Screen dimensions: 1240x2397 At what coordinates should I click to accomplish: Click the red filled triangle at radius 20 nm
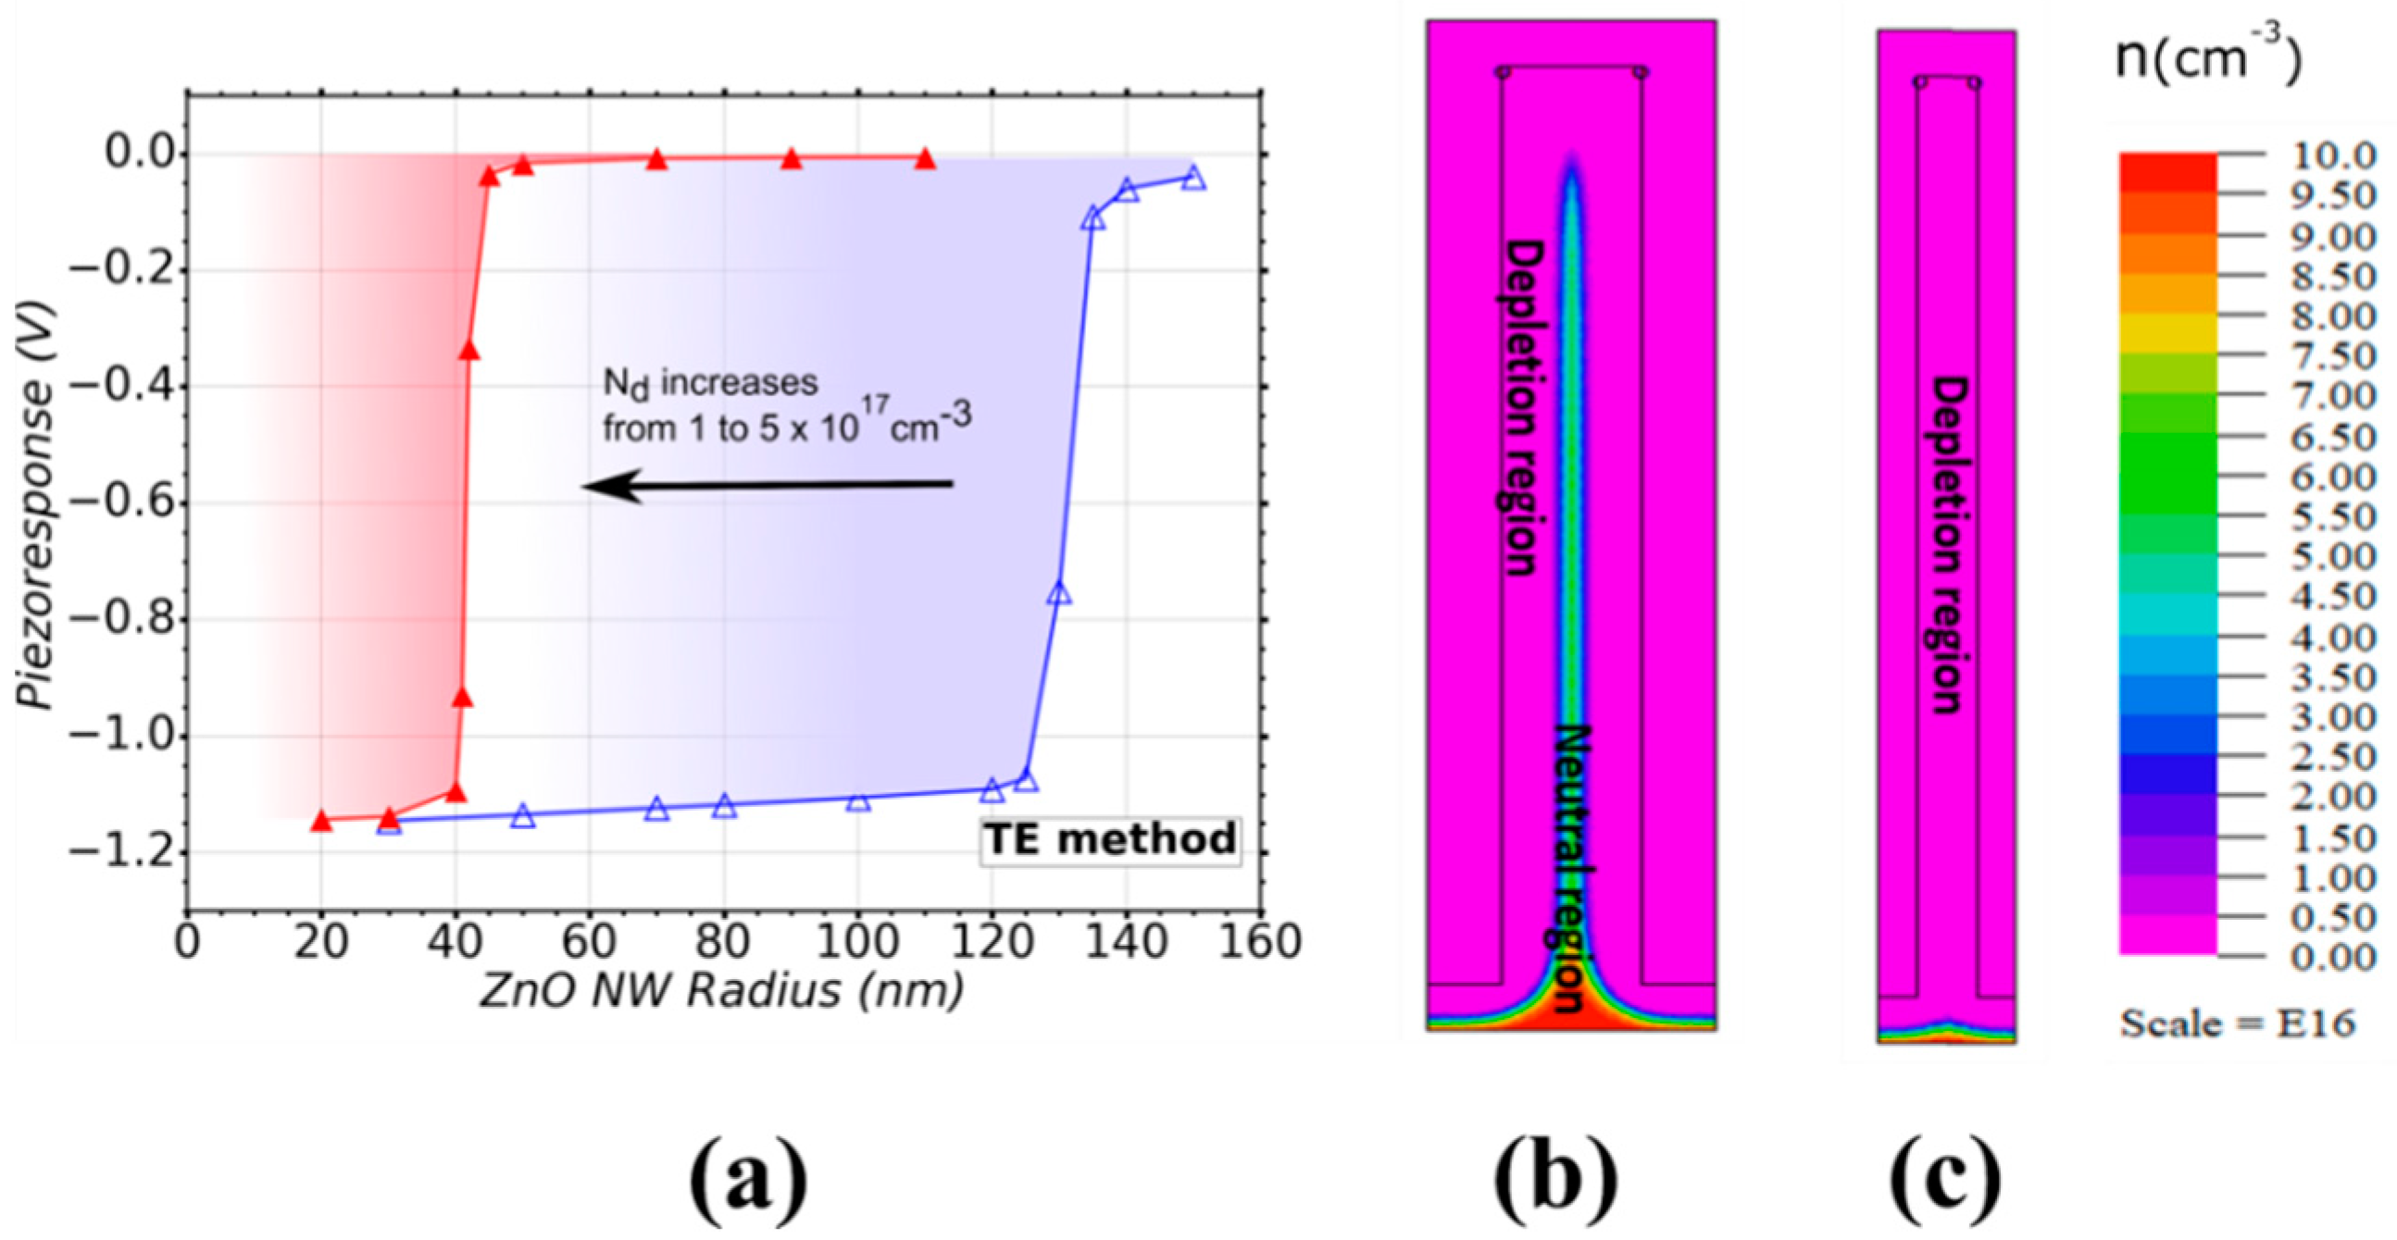(x=321, y=822)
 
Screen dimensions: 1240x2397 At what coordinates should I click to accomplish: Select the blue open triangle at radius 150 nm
(x=1193, y=178)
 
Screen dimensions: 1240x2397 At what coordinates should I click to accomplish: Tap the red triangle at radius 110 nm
(x=925, y=159)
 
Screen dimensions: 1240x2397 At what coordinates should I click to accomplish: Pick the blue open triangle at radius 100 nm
(x=858, y=800)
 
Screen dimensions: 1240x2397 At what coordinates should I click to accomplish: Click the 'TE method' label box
(x=1110, y=840)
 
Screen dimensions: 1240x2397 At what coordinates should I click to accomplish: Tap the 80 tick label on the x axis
(x=724, y=943)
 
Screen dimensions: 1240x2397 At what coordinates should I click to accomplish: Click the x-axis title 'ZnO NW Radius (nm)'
(x=721, y=992)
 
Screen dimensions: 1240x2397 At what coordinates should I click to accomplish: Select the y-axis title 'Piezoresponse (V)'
(x=39, y=503)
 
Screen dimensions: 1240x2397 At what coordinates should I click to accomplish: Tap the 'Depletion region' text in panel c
(x=1947, y=544)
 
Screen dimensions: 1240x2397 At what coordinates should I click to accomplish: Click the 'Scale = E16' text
(x=2238, y=1023)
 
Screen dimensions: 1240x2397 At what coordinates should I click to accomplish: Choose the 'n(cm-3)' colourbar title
(x=2207, y=57)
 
